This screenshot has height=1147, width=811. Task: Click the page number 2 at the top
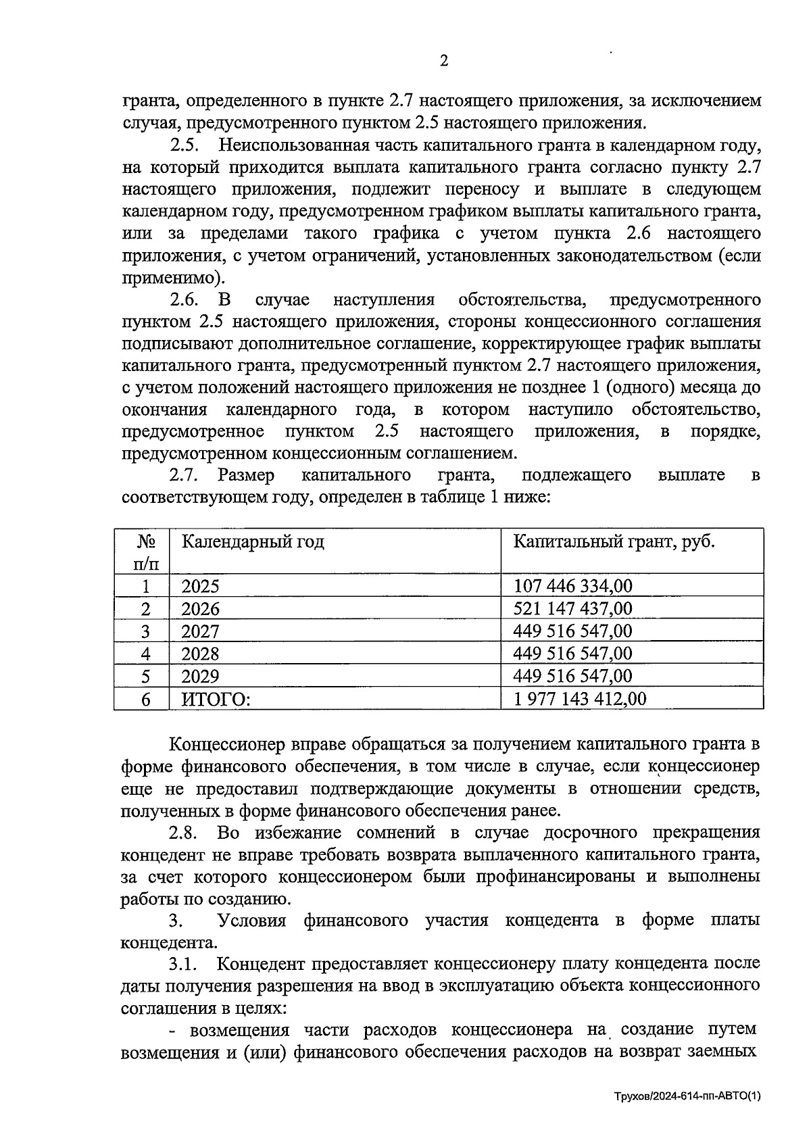tap(443, 62)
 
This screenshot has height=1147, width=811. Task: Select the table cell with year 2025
tap(200, 586)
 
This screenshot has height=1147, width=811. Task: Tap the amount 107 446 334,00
tap(572, 586)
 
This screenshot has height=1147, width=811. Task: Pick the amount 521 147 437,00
tap(572, 608)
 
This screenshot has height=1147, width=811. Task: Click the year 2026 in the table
tap(200, 608)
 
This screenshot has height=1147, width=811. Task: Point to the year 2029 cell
tap(200, 676)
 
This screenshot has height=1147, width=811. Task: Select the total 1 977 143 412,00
tap(579, 698)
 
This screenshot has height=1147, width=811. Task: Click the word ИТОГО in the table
tap(215, 699)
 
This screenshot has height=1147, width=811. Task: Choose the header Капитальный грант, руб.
tap(614, 541)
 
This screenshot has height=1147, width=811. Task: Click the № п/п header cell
tap(145, 552)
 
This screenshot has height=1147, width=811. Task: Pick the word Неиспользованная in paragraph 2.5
tap(292, 145)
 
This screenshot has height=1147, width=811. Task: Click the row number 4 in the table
tap(145, 654)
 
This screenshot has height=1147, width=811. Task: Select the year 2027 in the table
tap(200, 631)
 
